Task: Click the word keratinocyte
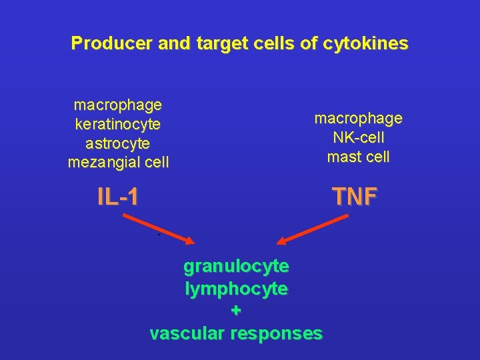coord(118,124)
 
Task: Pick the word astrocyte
coord(118,143)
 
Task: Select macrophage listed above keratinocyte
coord(118,105)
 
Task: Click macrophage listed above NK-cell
coord(358,119)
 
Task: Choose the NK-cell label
coord(358,138)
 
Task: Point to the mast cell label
coord(358,157)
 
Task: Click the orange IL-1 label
coord(118,197)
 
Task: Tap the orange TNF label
coord(355,197)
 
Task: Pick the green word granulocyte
coord(236,267)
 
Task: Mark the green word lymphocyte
coord(236,289)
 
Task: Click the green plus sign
coord(236,311)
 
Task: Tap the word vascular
coord(187,333)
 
